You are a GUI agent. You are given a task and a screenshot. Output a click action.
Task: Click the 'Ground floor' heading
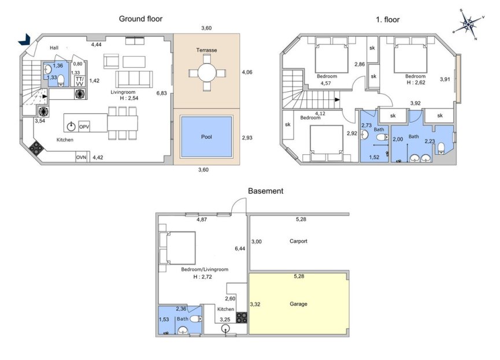pyautogui.click(x=140, y=18)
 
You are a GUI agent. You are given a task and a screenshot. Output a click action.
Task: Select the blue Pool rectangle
pyautogui.click(x=207, y=136)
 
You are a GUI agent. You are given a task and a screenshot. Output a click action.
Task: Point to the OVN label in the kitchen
pyautogui.click(x=82, y=157)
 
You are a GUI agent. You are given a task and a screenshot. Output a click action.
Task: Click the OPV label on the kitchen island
pyautogui.click(x=84, y=126)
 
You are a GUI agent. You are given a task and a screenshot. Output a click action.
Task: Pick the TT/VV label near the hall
pyautogui.click(x=79, y=81)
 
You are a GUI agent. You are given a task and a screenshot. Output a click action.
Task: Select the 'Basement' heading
pyautogui.click(x=265, y=191)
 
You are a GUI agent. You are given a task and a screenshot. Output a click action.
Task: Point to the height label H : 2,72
pyautogui.click(x=205, y=277)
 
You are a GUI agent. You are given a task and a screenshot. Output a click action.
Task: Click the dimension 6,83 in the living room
pyautogui.click(x=162, y=92)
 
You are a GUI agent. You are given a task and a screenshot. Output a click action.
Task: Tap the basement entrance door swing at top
pyautogui.click(x=238, y=205)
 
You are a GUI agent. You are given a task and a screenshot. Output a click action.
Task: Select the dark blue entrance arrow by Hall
pyautogui.click(x=25, y=39)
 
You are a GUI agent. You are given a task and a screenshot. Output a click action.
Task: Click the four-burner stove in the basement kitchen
pyautogui.click(x=242, y=317)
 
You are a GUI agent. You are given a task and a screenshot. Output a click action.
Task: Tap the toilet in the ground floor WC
pyautogui.click(x=61, y=80)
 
